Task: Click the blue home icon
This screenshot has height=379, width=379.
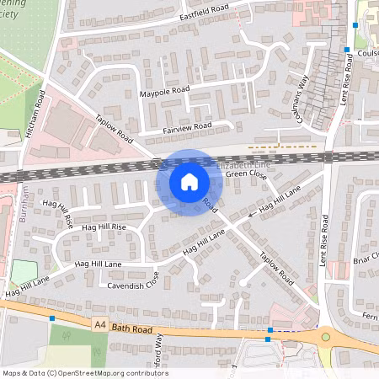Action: pyautogui.click(x=189, y=182)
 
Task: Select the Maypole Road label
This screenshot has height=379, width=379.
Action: pyautogui.click(x=165, y=90)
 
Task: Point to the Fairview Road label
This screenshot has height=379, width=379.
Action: pyautogui.click(x=186, y=128)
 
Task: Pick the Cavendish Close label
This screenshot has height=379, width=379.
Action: pyautogui.click(x=129, y=286)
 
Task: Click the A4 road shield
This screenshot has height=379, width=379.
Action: pyautogui.click(x=100, y=323)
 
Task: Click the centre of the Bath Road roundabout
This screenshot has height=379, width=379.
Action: pyautogui.click(x=326, y=338)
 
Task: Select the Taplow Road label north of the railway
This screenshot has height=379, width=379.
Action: pyautogui.click(x=115, y=129)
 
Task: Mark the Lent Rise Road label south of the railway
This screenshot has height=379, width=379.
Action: pyautogui.click(x=324, y=240)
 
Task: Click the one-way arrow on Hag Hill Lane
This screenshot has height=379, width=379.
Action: pyautogui.click(x=253, y=216)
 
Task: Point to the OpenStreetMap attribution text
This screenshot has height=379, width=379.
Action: pyautogui.click(x=84, y=373)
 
